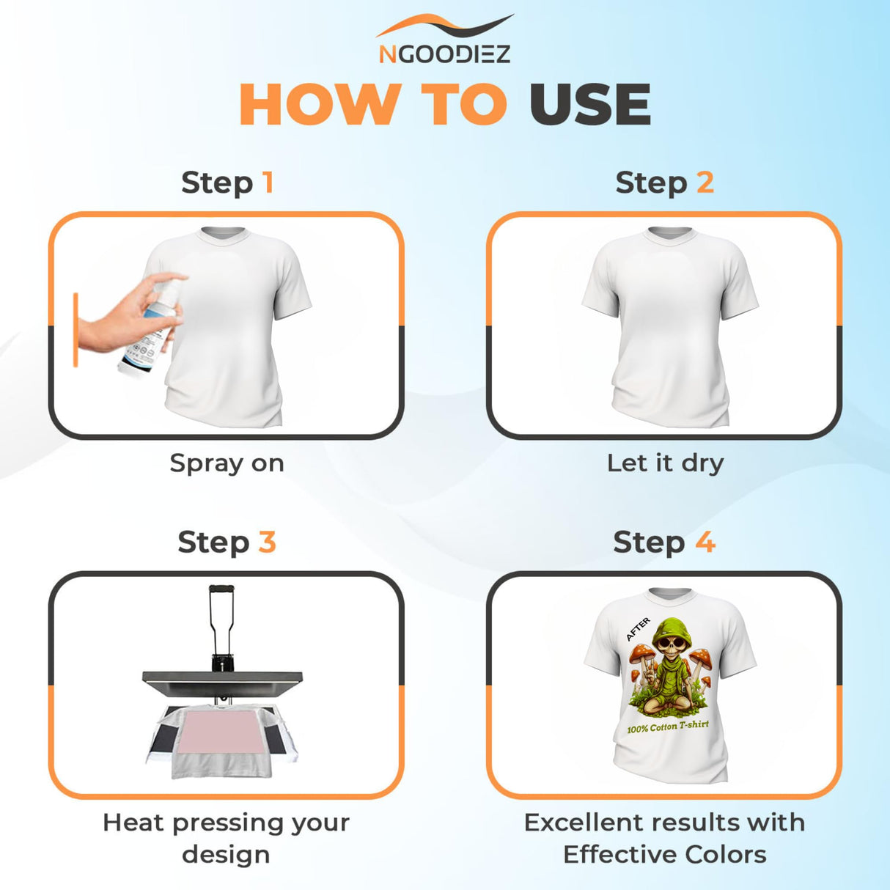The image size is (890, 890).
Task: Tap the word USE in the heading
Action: (590, 105)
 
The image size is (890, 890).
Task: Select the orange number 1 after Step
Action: (268, 182)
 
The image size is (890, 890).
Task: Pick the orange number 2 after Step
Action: (705, 182)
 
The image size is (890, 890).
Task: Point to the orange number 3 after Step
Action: (267, 543)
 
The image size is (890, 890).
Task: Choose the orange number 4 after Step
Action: (705, 543)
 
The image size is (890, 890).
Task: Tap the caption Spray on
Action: (227, 463)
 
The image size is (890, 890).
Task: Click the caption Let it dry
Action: (665, 463)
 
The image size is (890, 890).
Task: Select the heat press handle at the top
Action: (221, 589)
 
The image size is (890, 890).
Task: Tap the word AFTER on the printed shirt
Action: (638, 629)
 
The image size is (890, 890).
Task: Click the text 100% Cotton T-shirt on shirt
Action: (668, 727)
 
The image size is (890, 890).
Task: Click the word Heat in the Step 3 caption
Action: (132, 823)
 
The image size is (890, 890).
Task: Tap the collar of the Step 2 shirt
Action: (669, 233)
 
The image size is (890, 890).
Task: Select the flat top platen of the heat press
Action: (222, 678)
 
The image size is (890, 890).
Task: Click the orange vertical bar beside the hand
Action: (76, 330)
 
